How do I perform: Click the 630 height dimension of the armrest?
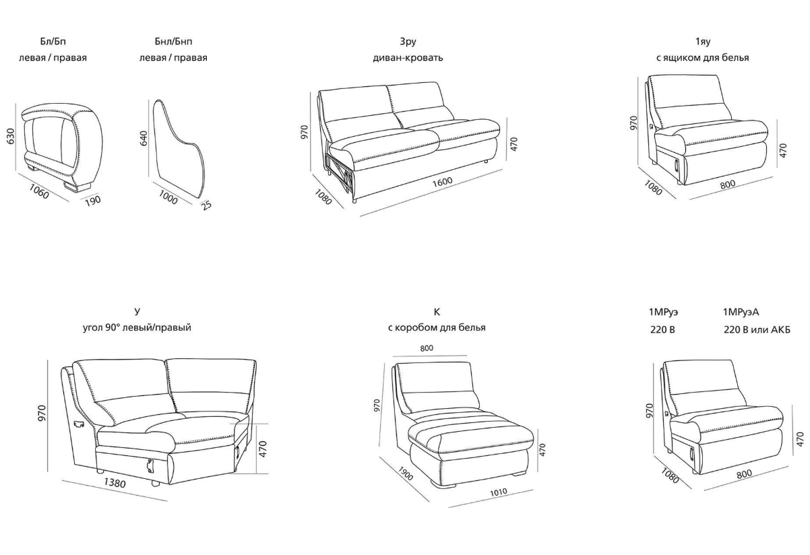11,136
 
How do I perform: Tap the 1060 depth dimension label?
38,191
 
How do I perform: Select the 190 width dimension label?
93,201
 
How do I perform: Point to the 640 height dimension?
144,138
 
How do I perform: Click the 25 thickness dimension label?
207,205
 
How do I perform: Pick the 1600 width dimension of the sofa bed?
443,181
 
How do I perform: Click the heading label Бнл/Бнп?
173,42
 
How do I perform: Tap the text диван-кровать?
408,58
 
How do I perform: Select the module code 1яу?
703,42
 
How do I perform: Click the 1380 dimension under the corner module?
115,482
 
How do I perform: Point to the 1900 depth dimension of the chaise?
406,474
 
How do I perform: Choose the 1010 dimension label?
498,492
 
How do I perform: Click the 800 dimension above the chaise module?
427,348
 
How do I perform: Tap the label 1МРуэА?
741,312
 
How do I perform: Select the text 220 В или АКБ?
757,330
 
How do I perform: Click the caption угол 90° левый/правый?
137,328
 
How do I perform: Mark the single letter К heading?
437,312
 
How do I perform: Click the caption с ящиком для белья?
703,58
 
